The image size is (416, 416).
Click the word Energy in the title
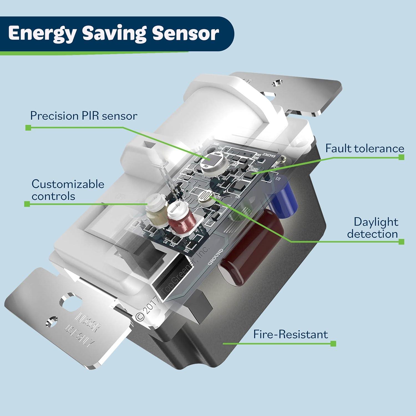(x=42, y=34)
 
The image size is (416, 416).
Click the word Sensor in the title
(x=185, y=33)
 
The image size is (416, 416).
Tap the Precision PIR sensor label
(x=83, y=116)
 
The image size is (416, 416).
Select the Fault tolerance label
(x=364, y=148)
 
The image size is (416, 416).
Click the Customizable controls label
(x=68, y=190)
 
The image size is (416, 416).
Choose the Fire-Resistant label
(x=290, y=334)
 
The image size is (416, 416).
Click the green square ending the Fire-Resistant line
(x=333, y=344)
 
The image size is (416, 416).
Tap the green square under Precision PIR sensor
(x=28, y=128)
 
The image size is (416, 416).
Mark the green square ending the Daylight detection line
(x=401, y=242)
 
